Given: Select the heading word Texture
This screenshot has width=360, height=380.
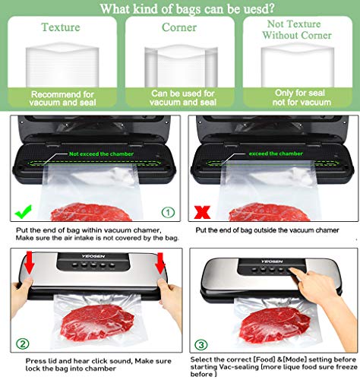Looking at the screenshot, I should [x=60, y=27].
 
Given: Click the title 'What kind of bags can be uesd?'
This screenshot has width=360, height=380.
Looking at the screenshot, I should [x=179, y=8].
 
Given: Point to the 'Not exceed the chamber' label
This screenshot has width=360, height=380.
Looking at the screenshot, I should [x=99, y=153].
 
